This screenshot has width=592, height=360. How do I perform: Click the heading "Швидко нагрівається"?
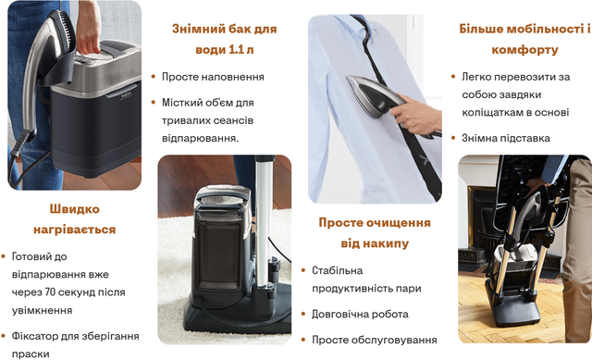[74, 219]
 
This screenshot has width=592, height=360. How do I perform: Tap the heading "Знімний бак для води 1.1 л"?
[224, 39]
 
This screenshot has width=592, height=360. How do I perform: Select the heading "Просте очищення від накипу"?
[375, 232]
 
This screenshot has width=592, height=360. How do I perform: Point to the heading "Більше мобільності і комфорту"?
[524, 39]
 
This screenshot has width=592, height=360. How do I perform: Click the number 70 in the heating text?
[50, 292]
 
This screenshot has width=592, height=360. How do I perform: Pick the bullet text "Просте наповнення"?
[213, 77]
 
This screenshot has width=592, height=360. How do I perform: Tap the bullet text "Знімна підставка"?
[506, 138]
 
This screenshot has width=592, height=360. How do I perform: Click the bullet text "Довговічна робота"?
[360, 315]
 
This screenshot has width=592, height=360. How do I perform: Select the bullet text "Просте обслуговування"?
[374, 340]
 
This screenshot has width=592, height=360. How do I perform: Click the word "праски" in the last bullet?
[31, 354]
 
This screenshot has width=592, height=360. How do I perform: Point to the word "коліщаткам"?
[488, 113]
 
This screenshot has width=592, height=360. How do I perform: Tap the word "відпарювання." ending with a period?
[200, 138]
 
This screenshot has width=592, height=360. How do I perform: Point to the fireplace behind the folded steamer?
[479, 227]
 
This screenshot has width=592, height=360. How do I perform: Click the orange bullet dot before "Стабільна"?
[303, 270]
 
